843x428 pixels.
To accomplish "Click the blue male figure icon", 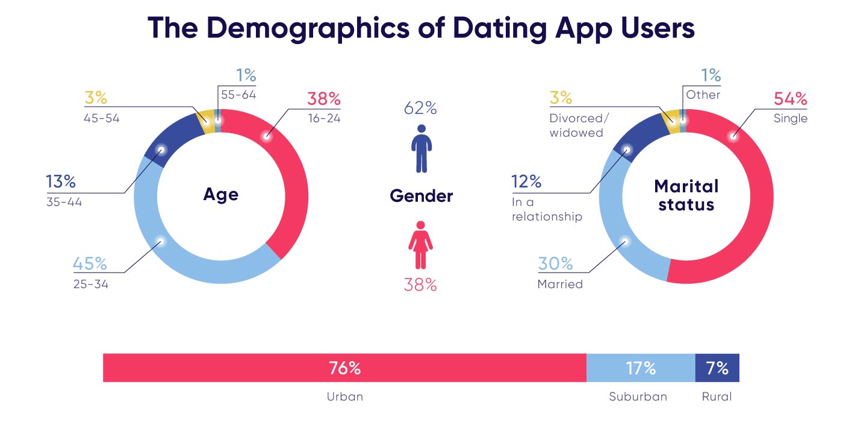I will [x=421, y=149].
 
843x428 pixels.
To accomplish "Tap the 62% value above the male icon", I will [x=421, y=109].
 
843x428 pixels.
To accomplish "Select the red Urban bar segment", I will [x=344, y=368].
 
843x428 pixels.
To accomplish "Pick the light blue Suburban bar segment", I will [x=641, y=368].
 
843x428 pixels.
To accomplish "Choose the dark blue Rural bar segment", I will [x=717, y=368].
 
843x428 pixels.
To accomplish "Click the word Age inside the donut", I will [x=220, y=194].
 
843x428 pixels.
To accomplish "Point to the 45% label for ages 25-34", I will [x=90, y=263].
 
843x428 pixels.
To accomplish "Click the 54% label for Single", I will [x=790, y=98].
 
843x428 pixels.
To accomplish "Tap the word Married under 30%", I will [x=560, y=284].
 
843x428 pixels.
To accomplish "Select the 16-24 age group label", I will [x=324, y=118].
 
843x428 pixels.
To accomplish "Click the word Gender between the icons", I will [x=421, y=196].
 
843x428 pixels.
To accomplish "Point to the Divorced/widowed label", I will [x=576, y=125].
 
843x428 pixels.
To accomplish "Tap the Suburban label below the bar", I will [x=638, y=397].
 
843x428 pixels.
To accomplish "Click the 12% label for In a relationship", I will [x=526, y=181].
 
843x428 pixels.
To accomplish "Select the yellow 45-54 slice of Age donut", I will [x=208, y=121].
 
